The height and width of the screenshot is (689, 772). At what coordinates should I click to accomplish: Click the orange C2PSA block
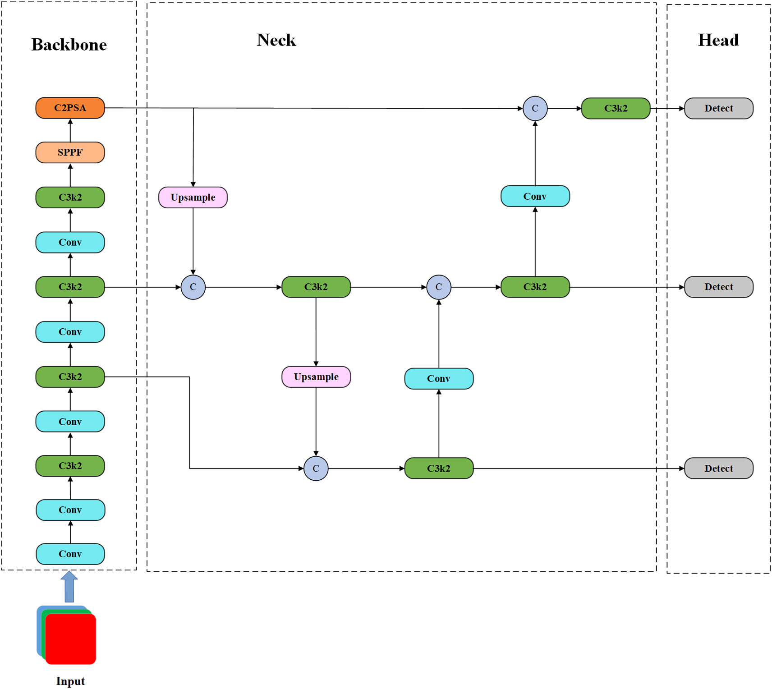(x=70, y=108)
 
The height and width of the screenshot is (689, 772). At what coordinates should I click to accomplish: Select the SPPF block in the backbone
(x=70, y=152)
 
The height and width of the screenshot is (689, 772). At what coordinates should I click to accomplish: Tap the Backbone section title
(x=69, y=45)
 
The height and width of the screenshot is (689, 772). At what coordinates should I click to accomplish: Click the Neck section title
(x=276, y=40)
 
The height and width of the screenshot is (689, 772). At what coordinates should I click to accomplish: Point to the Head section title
(x=718, y=40)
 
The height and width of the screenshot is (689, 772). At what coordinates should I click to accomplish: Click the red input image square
(x=71, y=638)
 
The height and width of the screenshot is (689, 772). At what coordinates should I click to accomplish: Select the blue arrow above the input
(x=69, y=586)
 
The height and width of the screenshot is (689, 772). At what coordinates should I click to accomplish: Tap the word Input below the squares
(x=70, y=681)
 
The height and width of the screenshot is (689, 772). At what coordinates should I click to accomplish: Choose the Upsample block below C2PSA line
(x=193, y=198)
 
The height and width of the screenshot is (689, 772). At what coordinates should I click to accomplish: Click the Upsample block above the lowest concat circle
(x=316, y=377)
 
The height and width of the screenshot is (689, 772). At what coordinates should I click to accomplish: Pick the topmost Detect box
(x=719, y=108)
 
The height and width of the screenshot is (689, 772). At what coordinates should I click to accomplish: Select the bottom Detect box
(x=719, y=468)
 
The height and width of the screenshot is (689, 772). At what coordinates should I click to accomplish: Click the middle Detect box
(x=719, y=287)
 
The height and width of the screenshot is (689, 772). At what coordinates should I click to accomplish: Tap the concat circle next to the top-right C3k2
(x=535, y=108)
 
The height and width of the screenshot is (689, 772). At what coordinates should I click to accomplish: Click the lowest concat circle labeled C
(x=316, y=469)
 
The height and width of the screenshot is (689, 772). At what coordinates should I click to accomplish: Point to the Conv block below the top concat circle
(x=535, y=196)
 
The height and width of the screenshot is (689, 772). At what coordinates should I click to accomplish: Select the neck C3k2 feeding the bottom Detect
(x=439, y=468)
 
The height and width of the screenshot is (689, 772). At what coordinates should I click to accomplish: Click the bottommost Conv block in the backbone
(x=70, y=554)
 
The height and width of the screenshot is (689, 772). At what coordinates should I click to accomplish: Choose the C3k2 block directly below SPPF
(x=70, y=198)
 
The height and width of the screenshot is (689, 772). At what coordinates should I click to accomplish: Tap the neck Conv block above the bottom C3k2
(x=439, y=378)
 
